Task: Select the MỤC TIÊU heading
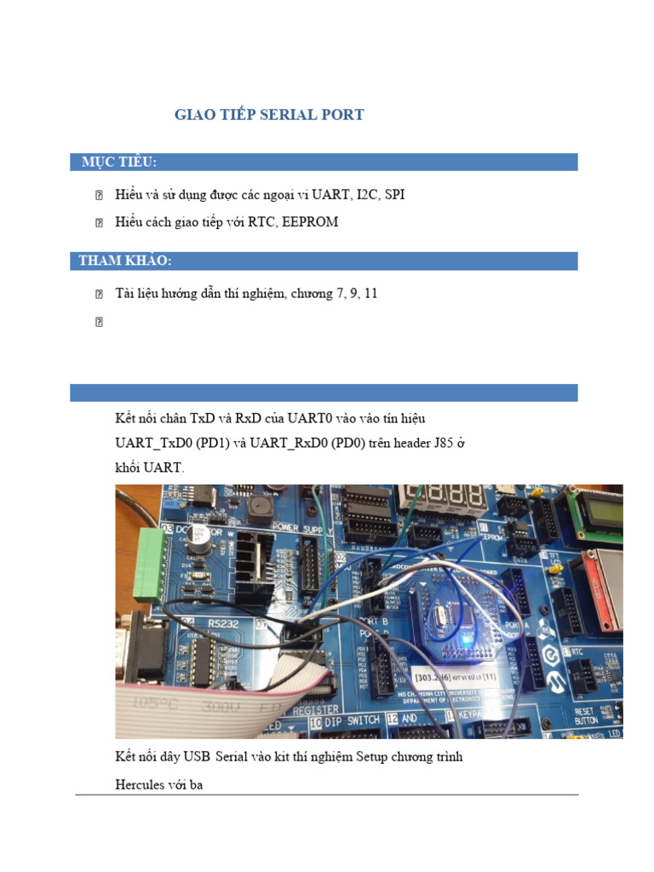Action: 119,163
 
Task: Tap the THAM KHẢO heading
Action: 125,261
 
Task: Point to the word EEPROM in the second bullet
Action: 308,222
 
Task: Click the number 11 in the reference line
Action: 370,294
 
